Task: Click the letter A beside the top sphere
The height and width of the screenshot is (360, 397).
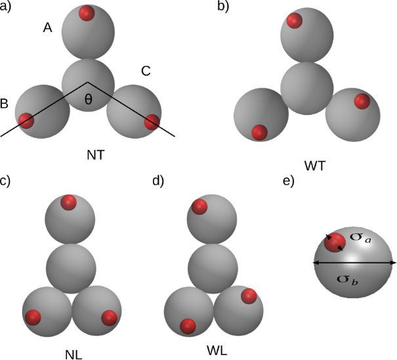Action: [x=47, y=28]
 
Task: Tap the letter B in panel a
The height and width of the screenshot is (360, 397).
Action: [x=5, y=103]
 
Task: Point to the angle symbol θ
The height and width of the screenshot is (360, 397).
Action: [x=89, y=101]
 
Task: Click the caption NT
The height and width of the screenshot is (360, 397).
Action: [x=95, y=155]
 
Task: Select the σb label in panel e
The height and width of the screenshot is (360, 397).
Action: [x=347, y=279]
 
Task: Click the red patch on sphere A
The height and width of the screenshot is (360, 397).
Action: [x=86, y=12]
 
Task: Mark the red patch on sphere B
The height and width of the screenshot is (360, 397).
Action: [x=26, y=121]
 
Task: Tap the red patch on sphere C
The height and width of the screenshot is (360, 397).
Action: [x=152, y=121]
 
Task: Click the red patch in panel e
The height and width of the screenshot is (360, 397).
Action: [x=335, y=241]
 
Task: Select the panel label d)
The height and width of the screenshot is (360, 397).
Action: [x=157, y=181]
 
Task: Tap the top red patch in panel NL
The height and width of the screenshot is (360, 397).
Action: [x=68, y=202]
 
